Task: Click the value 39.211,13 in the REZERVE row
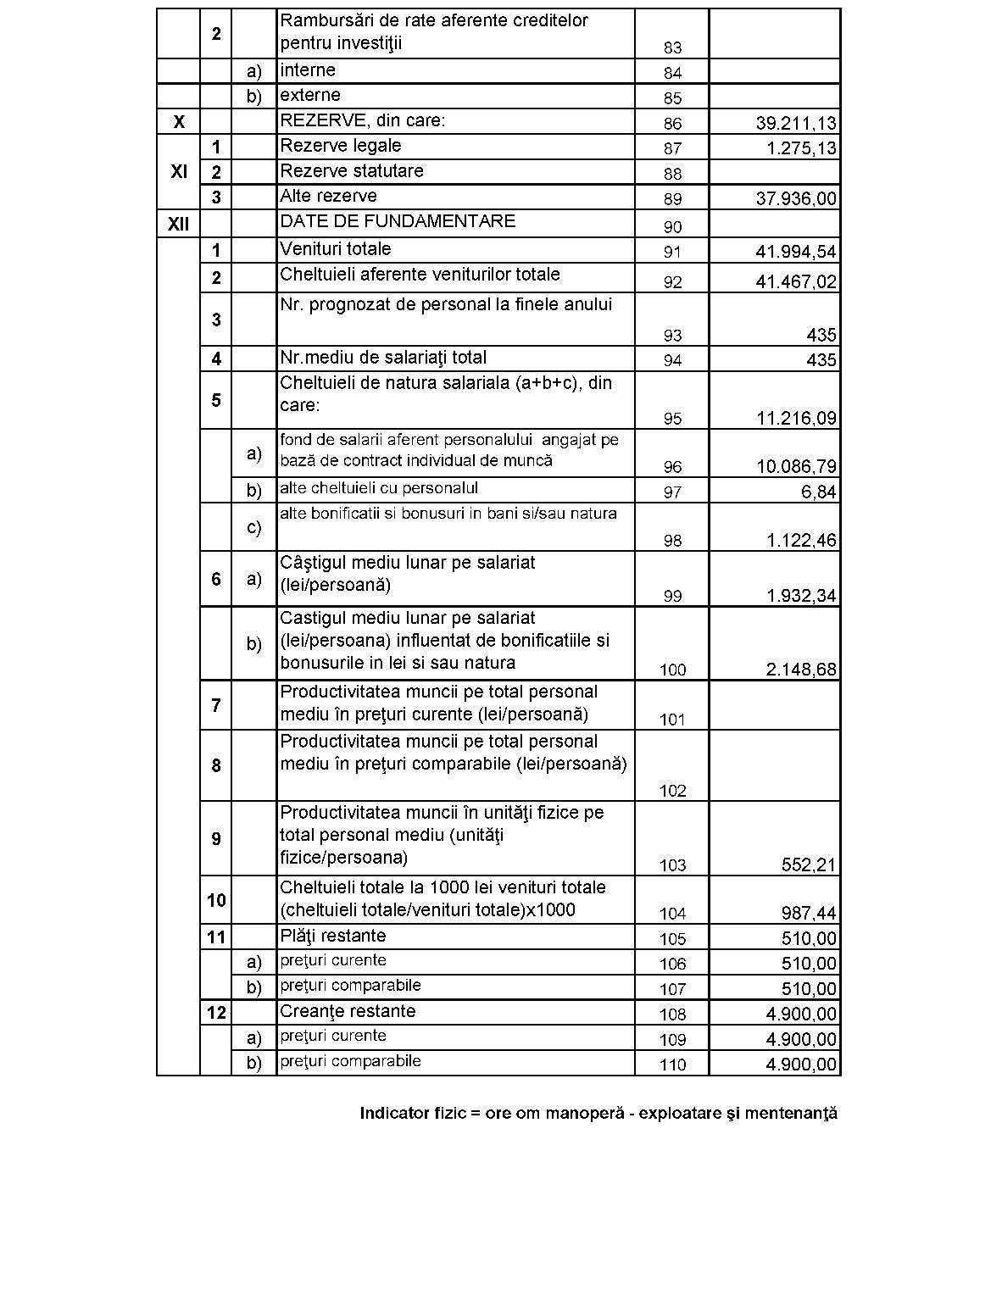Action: (x=795, y=124)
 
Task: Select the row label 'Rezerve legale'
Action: (x=340, y=146)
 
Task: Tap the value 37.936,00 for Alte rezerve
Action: (x=795, y=199)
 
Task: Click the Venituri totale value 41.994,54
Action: (x=795, y=252)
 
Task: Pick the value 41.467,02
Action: (x=795, y=281)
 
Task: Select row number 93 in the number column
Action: (x=672, y=336)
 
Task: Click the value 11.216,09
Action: (x=795, y=419)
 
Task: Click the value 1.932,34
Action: (x=801, y=596)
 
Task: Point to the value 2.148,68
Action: (x=801, y=670)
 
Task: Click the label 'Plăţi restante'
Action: (x=332, y=936)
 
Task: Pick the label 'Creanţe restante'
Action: (x=348, y=1011)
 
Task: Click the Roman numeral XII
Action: (x=178, y=225)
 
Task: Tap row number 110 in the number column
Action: (x=672, y=1065)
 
